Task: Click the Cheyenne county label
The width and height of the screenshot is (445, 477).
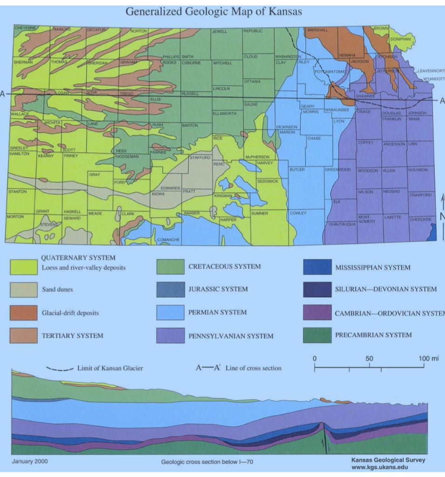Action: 25,28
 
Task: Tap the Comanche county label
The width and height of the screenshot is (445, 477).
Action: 168,239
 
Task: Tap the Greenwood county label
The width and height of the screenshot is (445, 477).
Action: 338,170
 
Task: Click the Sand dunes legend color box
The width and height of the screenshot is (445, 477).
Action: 23,289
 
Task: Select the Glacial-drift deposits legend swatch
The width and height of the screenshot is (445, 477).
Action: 23,312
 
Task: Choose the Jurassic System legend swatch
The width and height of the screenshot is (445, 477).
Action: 170,289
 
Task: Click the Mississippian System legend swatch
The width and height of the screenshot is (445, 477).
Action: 317,267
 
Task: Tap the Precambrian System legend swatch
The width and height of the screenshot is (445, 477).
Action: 317,335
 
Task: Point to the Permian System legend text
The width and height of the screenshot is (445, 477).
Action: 218,312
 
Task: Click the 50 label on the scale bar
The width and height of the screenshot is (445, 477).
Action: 370,359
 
